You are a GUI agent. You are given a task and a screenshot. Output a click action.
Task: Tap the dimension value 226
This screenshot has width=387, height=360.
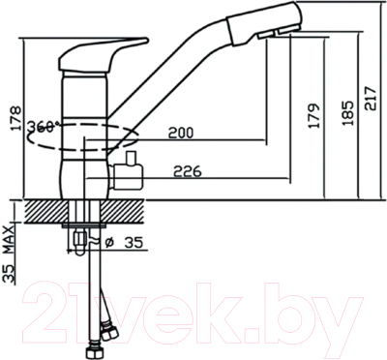(187, 174)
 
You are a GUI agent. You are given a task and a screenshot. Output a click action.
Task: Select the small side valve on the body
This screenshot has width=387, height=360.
(129, 174)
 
